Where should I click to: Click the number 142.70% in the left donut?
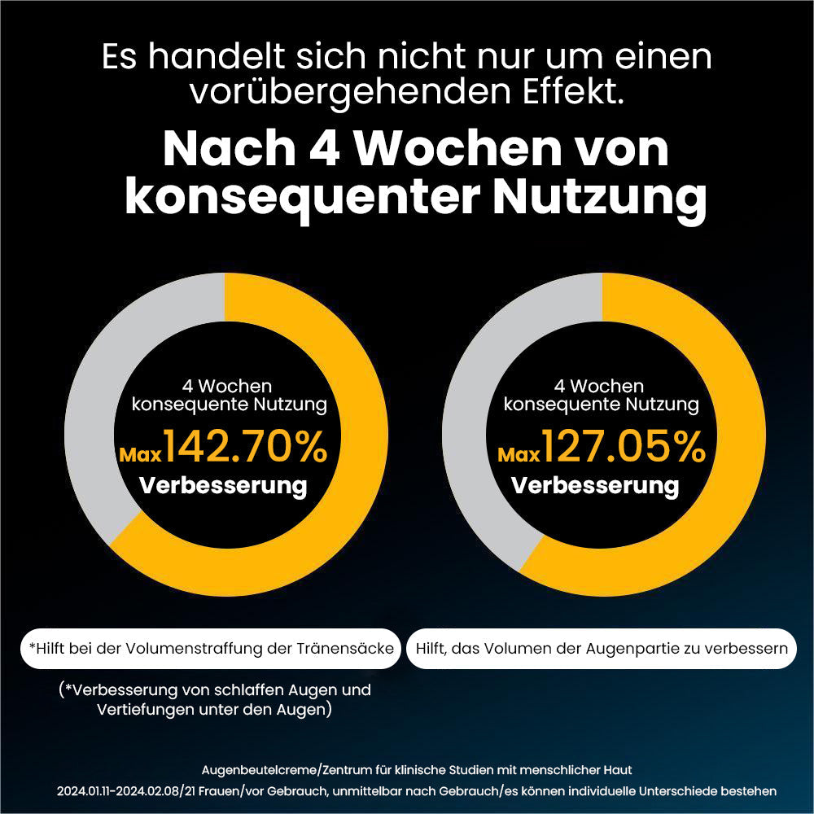coord(245,447)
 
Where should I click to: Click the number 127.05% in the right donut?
coord(624,447)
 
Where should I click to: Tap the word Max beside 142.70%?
coord(140,453)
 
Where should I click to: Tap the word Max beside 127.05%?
coord(519,453)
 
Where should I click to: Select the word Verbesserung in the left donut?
coord(223,486)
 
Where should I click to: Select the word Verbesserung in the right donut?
coord(595,486)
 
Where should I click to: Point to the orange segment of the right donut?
coord(724,488)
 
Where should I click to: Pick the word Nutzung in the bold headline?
coord(602,198)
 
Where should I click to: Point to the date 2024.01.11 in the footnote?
coord(89,790)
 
